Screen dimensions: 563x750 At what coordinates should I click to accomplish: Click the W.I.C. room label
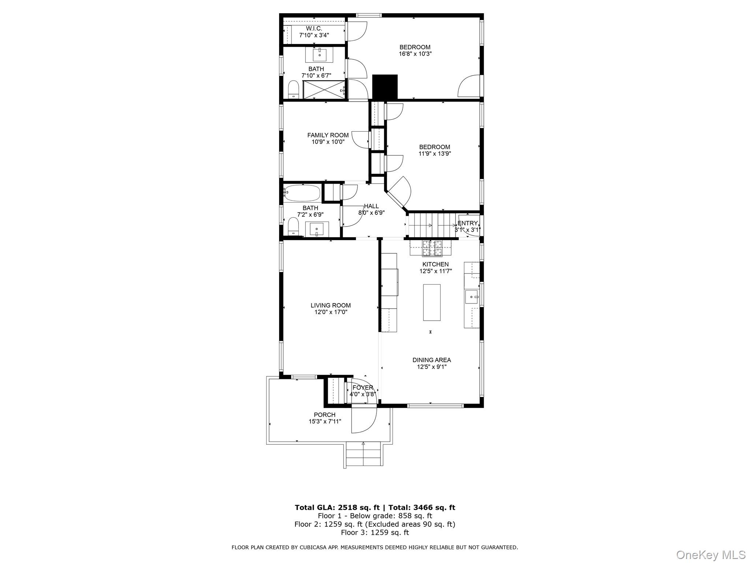click(314, 29)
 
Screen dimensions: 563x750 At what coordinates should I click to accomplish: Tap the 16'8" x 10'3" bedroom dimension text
click(415, 54)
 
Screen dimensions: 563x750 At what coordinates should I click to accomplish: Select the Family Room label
click(328, 135)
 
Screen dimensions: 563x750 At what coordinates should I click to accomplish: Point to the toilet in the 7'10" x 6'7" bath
click(293, 89)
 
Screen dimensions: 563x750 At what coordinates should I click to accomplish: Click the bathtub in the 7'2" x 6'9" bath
click(302, 193)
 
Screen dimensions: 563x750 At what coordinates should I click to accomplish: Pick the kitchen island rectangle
click(432, 302)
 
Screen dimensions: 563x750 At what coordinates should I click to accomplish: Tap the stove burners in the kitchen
click(433, 248)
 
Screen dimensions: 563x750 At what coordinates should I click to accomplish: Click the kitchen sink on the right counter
click(472, 297)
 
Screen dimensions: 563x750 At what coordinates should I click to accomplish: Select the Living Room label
click(331, 305)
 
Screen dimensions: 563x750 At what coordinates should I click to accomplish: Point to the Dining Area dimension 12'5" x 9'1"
click(432, 367)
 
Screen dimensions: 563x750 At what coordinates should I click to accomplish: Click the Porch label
click(324, 415)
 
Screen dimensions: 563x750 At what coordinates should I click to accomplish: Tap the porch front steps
click(364, 455)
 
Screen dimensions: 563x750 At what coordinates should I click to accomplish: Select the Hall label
click(371, 206)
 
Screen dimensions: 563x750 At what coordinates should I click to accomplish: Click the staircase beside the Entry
click(431, 225)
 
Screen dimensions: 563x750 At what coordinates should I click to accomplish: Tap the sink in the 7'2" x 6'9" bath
click(317, 229)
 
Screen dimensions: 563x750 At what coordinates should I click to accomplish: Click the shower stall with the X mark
click(324, 90)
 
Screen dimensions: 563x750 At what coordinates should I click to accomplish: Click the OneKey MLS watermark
click(710, 555)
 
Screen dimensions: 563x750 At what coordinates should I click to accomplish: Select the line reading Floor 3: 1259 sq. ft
click(375, 533)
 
